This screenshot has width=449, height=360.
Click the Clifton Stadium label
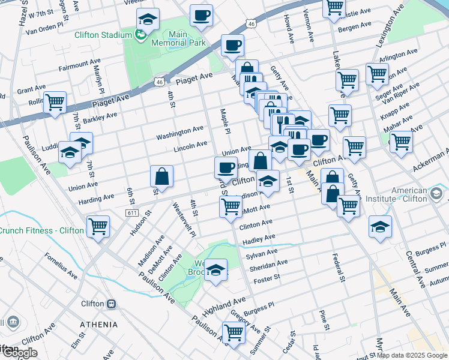point(103,35)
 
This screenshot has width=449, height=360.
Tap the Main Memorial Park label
point(179,38)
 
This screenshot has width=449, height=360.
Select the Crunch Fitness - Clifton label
point(41,230)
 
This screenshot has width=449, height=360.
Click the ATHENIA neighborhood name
point(99,325)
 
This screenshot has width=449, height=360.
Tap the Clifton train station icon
point(112,304)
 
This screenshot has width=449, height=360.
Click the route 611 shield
point(133,213)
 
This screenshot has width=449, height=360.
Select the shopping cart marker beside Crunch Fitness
point(98,227)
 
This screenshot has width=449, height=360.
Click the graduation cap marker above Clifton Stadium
point(148,20)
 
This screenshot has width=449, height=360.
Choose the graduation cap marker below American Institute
point(380,227)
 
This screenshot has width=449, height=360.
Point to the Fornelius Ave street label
point(61,265)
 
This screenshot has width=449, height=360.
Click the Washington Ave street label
point(179,133)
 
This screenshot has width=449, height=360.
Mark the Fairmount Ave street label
point(79,63)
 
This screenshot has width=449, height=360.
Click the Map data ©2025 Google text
point(412,355)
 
